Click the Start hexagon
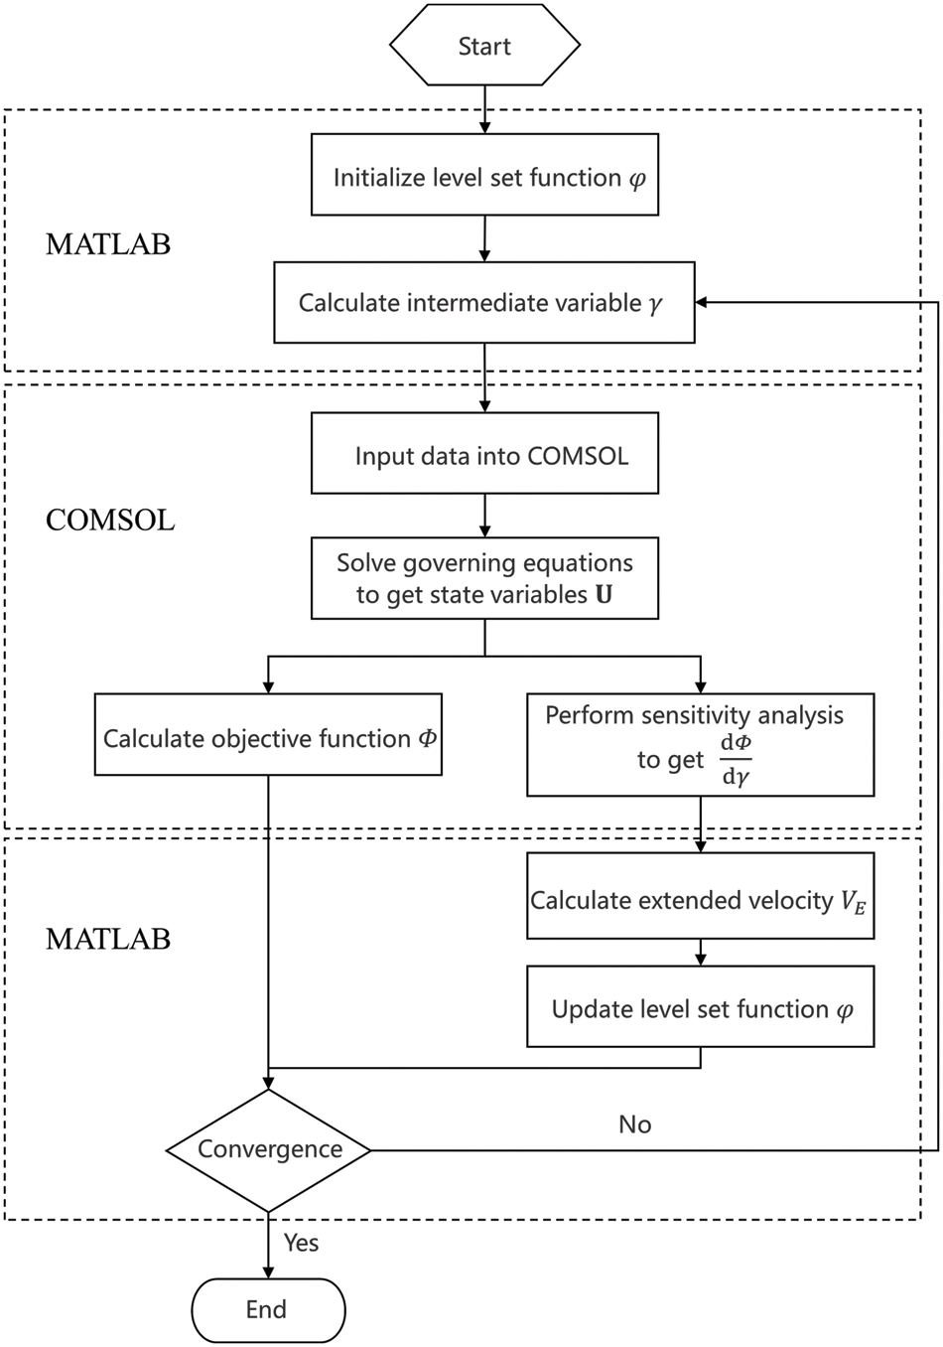(x=484, y=46)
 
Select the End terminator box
(x=267, y=1309)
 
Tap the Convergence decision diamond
(x=269, y=1149)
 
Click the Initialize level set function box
(x=484, y=177)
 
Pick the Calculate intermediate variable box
(x=484, y=303)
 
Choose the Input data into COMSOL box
(x=484, y=456)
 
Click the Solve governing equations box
(x=484, y=579)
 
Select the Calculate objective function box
(x=268, y=737)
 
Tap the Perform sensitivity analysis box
(x=700, y=745)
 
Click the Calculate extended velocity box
(x=700, y=900)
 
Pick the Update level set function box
(x=700, y=1009)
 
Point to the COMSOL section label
(x=110, y=520)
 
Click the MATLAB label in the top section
(x=108, y=244)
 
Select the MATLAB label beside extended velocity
(x=108, y=938)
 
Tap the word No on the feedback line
(x=635, y=1124)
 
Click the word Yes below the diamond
(x=302, y=1243)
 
